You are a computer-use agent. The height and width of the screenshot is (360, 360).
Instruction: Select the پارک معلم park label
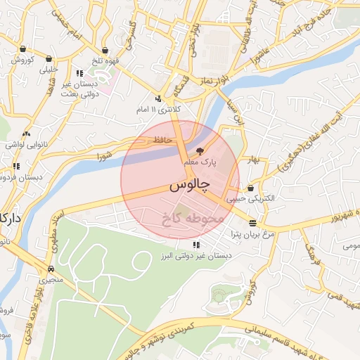pos(200,162)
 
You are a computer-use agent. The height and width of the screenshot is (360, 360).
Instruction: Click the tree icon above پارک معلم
pos(199,151)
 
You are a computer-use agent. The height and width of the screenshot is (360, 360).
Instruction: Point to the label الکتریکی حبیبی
pos(252,199)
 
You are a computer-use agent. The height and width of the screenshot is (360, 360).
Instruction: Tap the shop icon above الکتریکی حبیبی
pos(251,188)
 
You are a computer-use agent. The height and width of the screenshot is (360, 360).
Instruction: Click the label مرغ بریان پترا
pos(243,234)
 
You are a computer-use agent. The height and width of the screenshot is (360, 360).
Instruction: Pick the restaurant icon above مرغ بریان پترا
pos(252,223)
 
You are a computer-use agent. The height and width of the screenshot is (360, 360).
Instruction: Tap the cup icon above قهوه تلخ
pos(105,51)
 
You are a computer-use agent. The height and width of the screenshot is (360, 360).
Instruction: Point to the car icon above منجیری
pos(51,269)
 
